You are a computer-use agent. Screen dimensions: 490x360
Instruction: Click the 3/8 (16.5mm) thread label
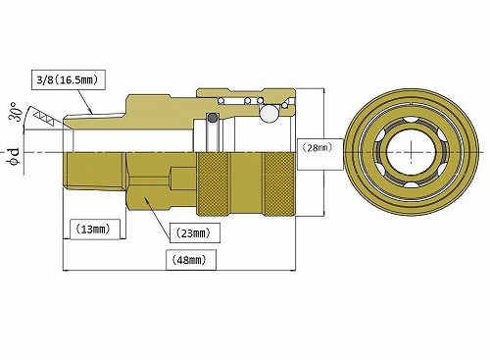click(x=69, y=79)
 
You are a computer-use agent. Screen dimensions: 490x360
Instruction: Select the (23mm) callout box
click(x=195, y=232)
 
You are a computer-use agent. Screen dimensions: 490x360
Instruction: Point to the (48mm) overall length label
click(x=191, y=260)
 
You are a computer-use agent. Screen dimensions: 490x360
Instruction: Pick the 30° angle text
click(x=18, y=112)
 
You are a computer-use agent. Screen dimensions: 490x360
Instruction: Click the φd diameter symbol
click(x=15, y=157)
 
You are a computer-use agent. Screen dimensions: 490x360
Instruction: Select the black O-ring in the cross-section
click(x=213, y=117)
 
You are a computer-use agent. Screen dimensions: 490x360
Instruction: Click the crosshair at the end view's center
click(x=412, y=152)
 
